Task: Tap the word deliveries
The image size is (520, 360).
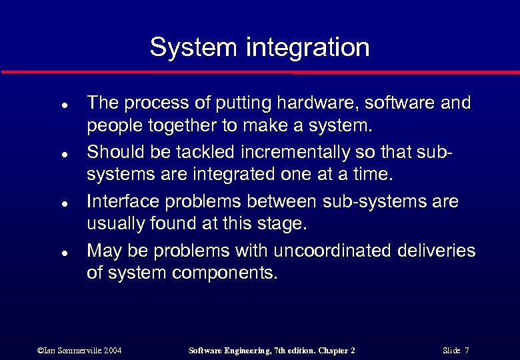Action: coord(436,251)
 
